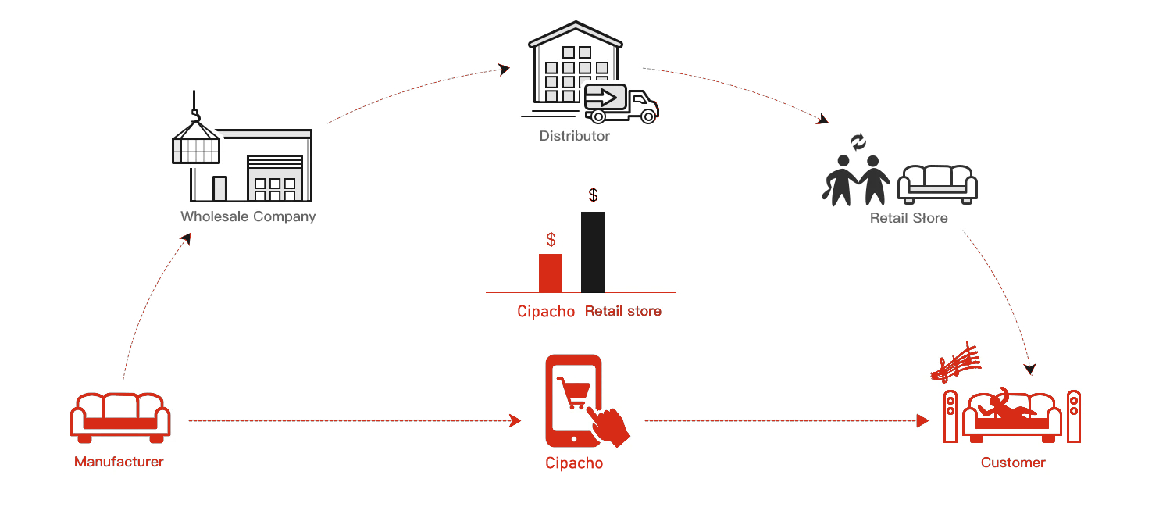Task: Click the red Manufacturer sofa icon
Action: coord(119,416)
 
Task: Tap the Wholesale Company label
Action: coord(248,216)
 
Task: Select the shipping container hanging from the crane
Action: coord(195,145)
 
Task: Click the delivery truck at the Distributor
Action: coord(622,104)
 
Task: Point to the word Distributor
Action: coord(575,136)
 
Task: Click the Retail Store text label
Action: coord(908,218)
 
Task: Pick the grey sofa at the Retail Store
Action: coord(937,184)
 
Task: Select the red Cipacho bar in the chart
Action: coord(551,273)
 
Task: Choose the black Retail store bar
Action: coord(593,252)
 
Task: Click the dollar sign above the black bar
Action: coord(593,195)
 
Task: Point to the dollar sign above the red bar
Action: coord(551,240)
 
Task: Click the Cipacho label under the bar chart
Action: coord(546,311)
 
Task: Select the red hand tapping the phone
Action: coord(609,427)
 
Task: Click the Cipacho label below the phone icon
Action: coord(574,463)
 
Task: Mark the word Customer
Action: coord(1013,463)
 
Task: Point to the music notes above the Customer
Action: coord(956,362)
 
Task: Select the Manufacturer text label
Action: coord(119,462)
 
